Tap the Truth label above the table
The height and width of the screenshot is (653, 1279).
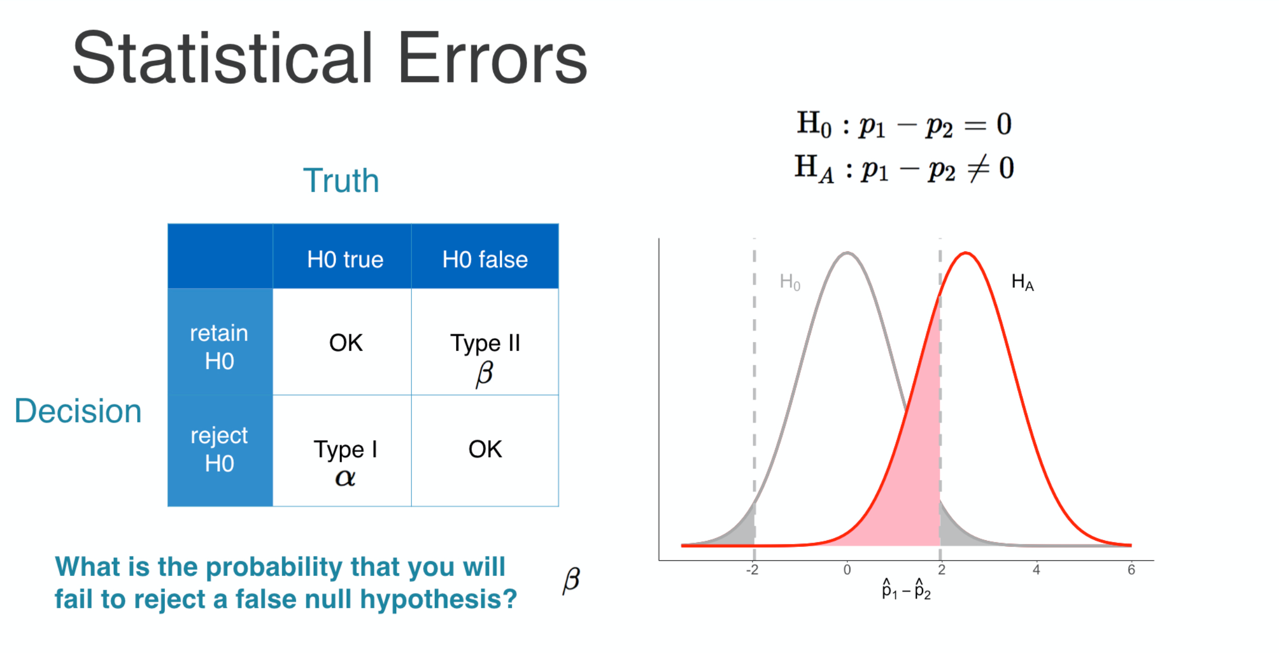coord(341,181)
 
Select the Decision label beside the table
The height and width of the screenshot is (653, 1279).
coord(78,411)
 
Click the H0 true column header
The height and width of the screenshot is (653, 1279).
coord(345,260)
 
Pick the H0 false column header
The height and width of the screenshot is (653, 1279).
coord(485,260)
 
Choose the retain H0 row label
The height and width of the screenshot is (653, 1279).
coord(219,347)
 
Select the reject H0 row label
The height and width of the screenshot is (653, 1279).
coord(219,449)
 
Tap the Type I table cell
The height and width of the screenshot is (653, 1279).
coord(342,450)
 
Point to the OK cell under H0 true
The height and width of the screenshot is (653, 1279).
coord(342,342)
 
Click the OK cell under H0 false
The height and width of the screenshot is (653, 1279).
coord(485,450)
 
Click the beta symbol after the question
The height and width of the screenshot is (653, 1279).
coord(571,581)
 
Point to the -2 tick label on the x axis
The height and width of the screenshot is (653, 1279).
coord(752,570)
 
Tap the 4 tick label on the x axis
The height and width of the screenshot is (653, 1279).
coord(1036,570)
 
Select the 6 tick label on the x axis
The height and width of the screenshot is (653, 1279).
coord(1131,570)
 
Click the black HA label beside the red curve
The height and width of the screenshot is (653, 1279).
coord(1023,283)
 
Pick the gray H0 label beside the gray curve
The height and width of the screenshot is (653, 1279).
coord(790,282)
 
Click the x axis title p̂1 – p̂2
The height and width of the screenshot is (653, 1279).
coord(906,590)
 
